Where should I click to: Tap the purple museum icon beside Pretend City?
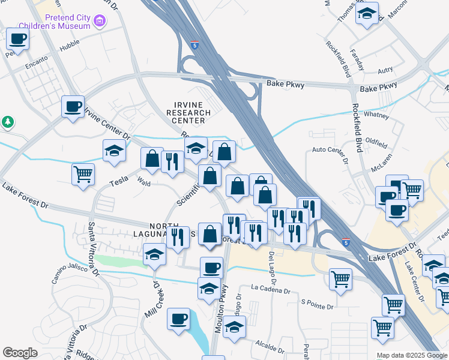tap(100, 22)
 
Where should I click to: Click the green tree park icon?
tap(8, 122)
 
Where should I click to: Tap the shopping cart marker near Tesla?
tap(83, 175)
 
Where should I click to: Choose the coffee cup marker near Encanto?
tap(18, 40)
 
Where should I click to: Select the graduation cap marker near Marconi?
tap(367, 15)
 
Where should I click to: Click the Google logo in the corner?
tap(20, 352)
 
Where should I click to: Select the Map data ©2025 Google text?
tap(412, 355)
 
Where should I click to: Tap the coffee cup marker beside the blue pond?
tap(178, 319)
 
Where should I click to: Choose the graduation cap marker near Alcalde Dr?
tap(235, 327)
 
